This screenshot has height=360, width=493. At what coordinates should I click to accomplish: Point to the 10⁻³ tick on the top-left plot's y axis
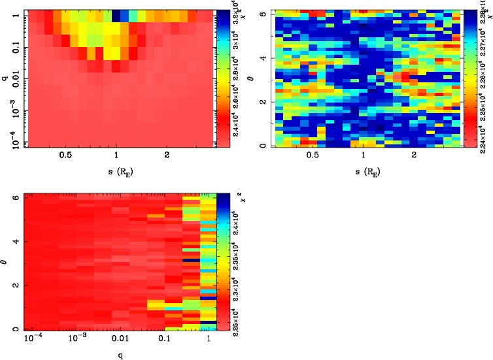point(14,110)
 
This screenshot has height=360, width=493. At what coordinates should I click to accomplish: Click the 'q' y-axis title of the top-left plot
point(5,78)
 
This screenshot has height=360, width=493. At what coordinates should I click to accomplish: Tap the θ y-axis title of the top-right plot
point(261,78)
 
